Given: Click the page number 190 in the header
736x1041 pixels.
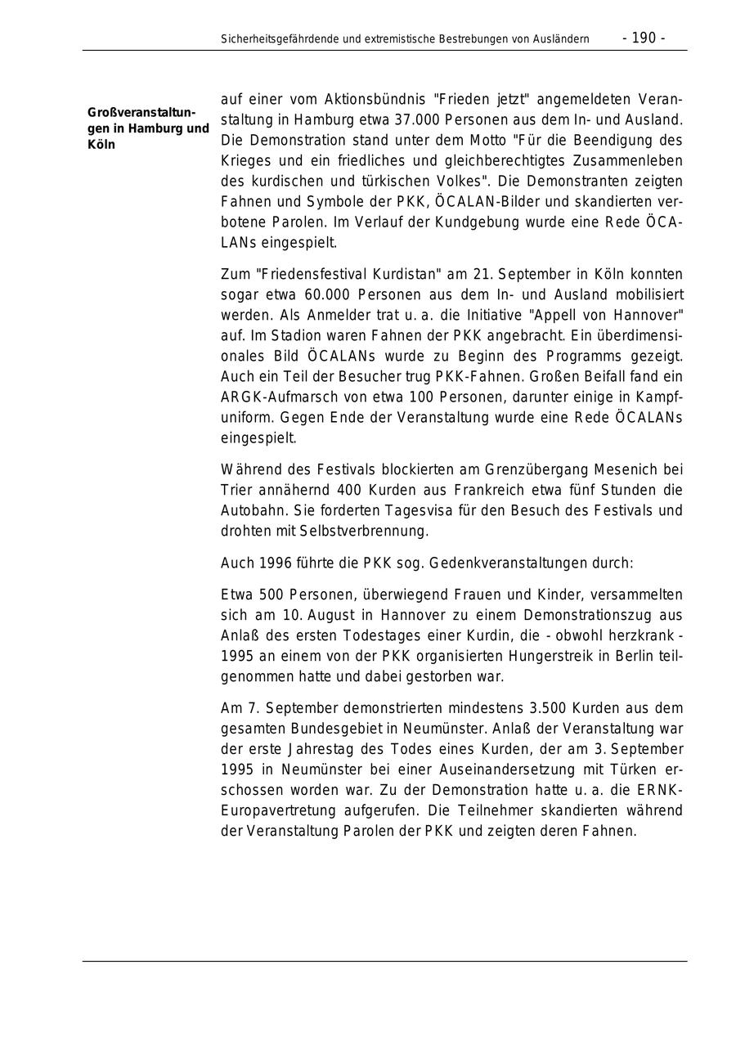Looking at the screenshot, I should point(644,38).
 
